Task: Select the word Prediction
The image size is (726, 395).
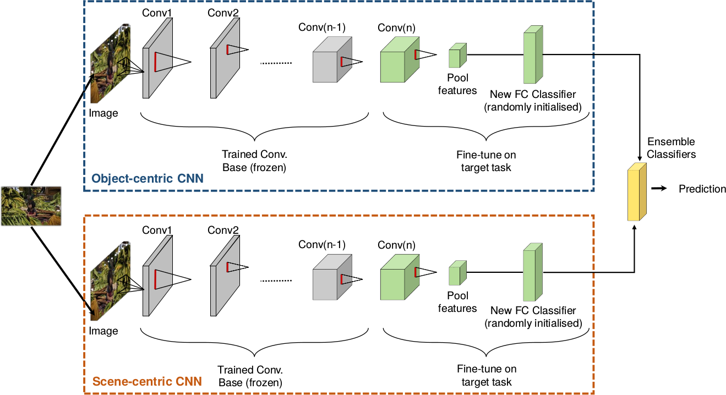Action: pos(702,189)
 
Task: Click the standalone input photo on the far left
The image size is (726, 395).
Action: pos(31,206)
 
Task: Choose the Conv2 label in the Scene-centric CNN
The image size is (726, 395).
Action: pos(223,230)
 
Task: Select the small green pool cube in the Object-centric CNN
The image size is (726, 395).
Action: pos(457,56)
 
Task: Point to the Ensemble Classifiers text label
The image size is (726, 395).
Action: pos(671,148)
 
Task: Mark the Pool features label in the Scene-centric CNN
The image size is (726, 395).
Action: pos(457,302)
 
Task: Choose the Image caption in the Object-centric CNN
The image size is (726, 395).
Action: pos(103,113)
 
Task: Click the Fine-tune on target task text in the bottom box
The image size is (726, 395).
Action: pos(487,375)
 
